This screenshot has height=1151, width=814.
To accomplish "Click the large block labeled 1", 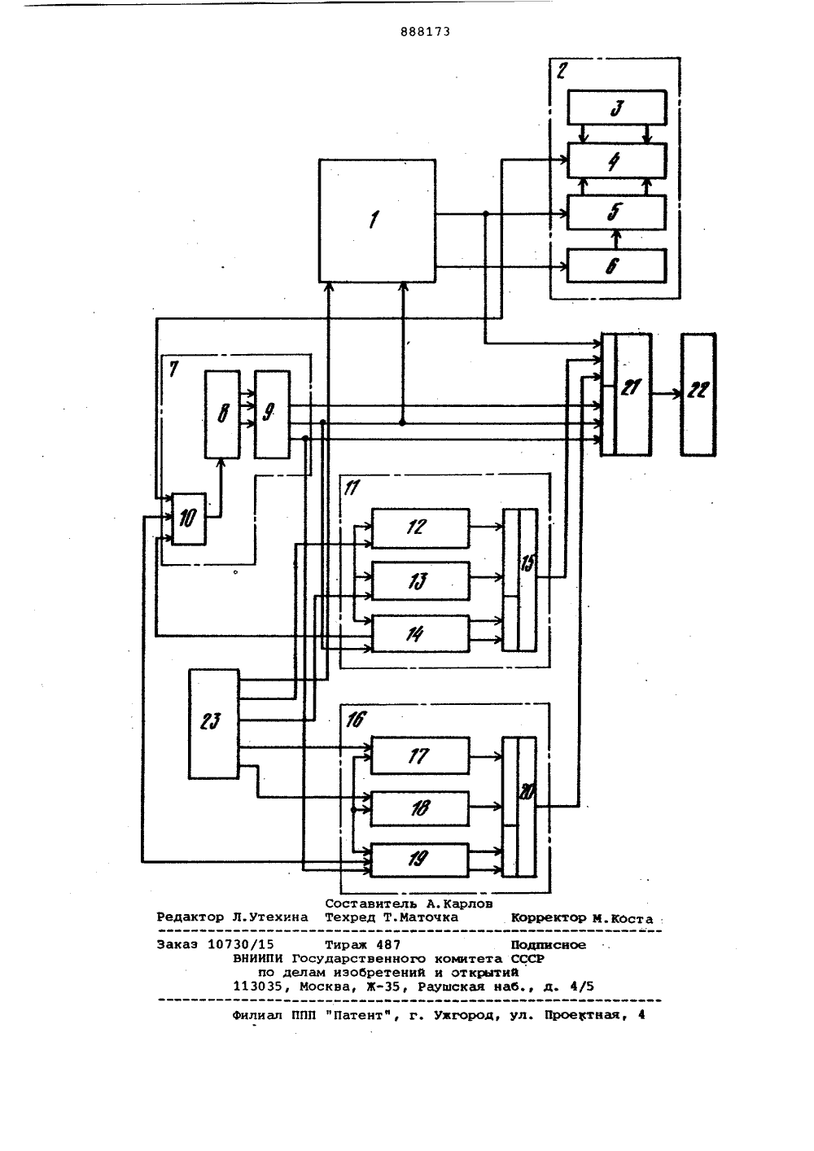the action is coord(377,221).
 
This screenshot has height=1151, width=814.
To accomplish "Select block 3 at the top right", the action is coord(617,107).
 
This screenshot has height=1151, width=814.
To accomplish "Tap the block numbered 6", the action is coord(617,265).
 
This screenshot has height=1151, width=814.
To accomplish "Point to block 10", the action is coord(189,519).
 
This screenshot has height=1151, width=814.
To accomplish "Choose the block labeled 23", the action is coord(213,724).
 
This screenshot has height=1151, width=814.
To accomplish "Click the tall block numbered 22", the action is coord(698,394).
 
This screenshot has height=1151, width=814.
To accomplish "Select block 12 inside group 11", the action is coord(420,527).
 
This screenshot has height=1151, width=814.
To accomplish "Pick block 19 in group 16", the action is coord(420,860).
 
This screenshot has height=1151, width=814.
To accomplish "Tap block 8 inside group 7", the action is coord(222,414).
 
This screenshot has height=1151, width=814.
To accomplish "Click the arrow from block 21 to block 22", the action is coord(667,394).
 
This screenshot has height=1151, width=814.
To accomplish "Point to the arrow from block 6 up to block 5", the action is coord(617,239).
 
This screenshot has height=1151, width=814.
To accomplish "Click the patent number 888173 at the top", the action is coord(425,32).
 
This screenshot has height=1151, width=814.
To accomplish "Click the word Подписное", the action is coord(548,944).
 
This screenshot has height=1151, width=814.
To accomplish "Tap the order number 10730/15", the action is coord(240,944).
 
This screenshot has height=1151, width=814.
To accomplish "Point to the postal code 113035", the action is coord(257,986).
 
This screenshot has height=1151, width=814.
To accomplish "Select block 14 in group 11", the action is coord(420,633).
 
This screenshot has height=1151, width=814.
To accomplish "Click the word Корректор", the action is coord(549,917).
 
